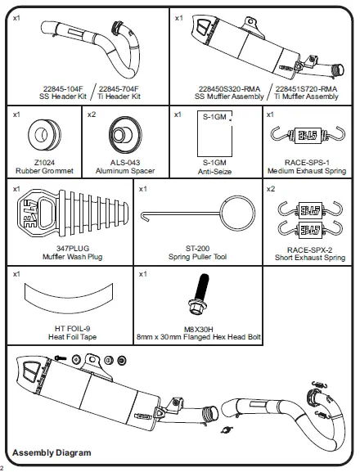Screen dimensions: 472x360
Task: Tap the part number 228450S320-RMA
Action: coord(210,88)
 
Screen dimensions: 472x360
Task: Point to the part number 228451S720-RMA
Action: coord(305,88)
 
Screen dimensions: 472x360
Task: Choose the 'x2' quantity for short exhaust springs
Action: coord(271,189)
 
